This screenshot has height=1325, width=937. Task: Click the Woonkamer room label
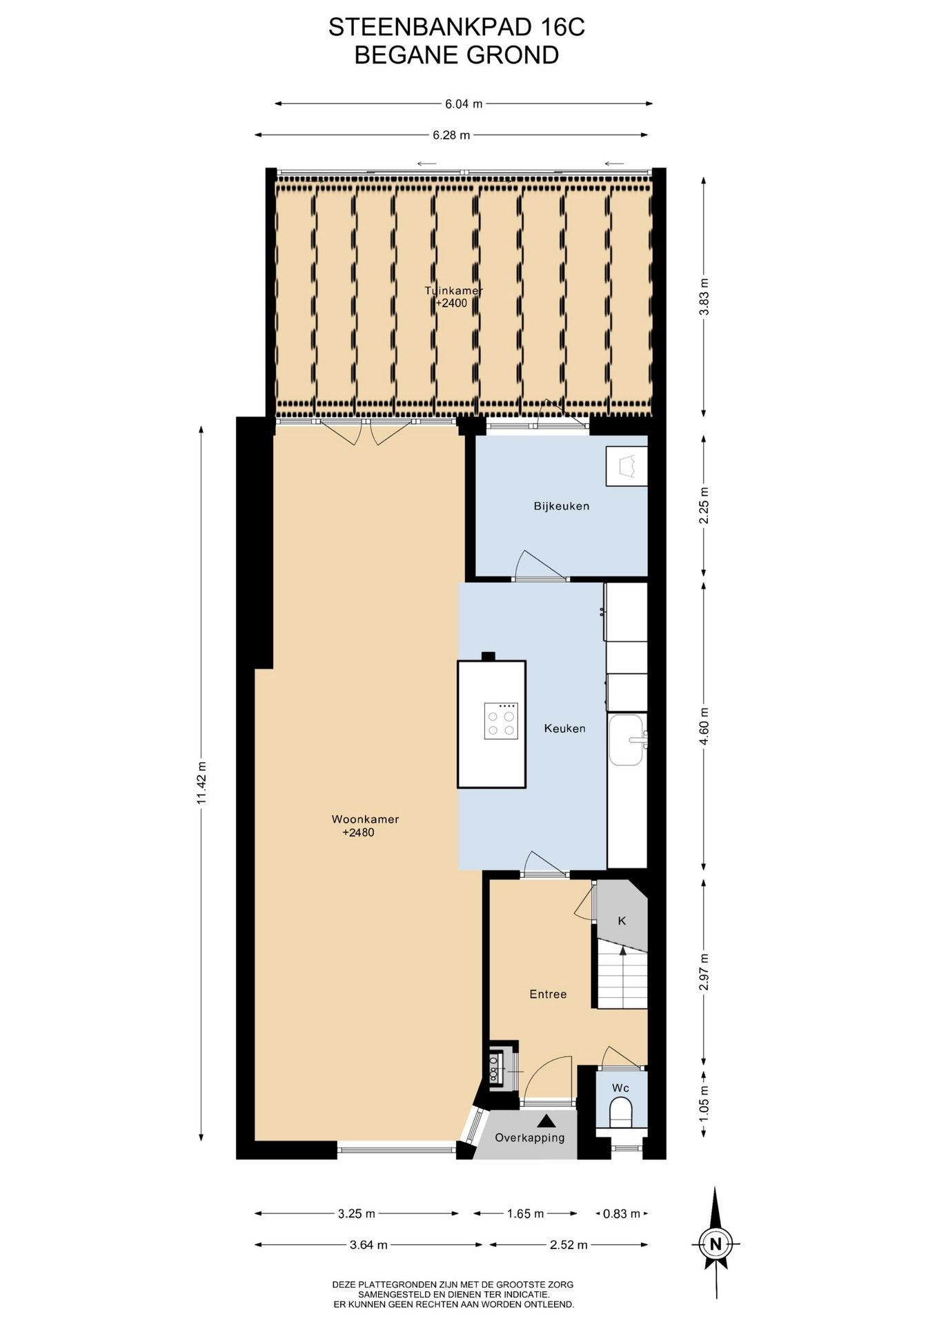pos(365,819)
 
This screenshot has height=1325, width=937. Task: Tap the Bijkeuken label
pos(562,506)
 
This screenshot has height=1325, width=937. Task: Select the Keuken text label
pos(564,728)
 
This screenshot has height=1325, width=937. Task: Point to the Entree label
pos(548,994)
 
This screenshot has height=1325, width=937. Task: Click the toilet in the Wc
pos(621,1112)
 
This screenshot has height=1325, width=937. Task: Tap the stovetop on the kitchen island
pos(501,720)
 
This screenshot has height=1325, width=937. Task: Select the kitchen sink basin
pos(626,740)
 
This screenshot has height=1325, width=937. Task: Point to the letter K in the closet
pos(622,921)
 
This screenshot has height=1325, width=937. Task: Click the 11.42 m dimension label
pos(201,783)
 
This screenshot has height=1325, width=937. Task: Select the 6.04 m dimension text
pos(464,104)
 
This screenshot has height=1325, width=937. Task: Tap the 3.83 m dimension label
pos(704,297)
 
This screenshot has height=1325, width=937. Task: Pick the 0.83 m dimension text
pos(622,1213)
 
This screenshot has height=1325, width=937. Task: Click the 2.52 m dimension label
pos(569,1245)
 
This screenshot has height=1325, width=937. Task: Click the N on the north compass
pos(716,1244)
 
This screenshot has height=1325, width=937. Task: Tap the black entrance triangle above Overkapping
pos(546,1121)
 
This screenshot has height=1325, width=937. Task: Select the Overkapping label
pos(530,1137)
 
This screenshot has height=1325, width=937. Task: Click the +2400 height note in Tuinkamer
pos(451,303)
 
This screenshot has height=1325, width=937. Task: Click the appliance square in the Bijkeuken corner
pos(627,466)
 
